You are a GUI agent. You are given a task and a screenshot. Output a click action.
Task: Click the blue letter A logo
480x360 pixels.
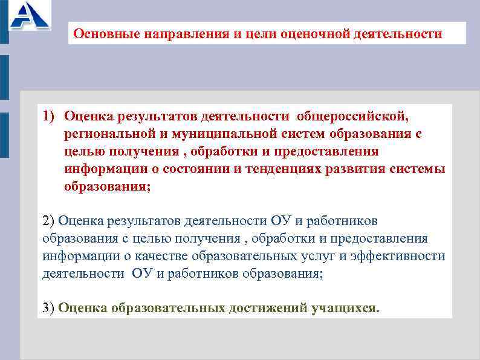click(28, 16)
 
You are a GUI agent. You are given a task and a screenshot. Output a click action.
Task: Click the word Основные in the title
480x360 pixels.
click(106, 33)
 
